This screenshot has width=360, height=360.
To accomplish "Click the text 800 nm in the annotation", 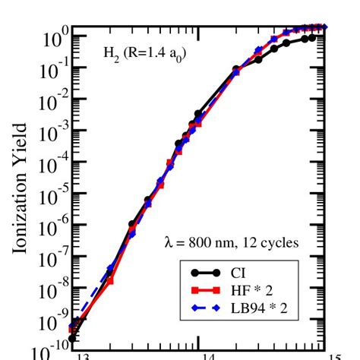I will [x=215, y=243].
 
